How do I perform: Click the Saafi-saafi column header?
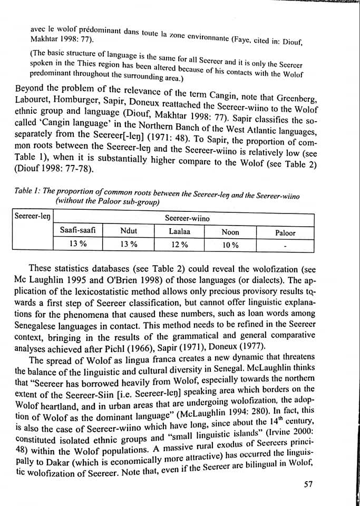(x=77, y=230)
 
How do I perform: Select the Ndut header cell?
(x=129, y=231)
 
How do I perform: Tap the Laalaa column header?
(x=180, y=231)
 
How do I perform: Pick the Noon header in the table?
(x=230, y=232)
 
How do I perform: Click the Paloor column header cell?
(x=286, y=232)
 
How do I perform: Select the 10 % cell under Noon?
(x=230, y=245)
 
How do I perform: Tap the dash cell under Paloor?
(x=286, y=246)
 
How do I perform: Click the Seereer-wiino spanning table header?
(x=187, y=218)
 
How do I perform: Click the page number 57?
(x=309, y=484)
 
